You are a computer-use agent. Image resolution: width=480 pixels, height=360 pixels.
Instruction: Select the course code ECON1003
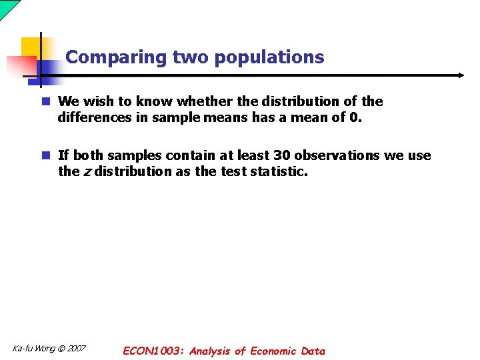153,351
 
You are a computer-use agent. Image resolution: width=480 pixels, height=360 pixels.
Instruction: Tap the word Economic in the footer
274,351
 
